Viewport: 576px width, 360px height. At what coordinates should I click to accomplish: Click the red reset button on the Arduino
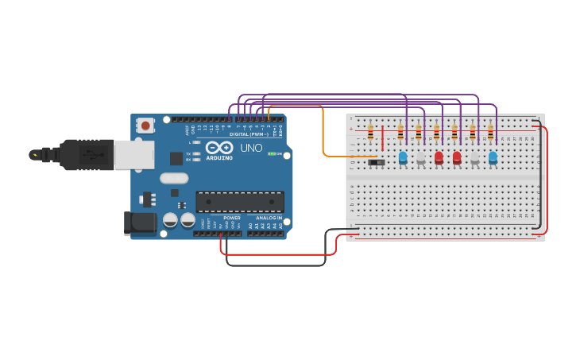[145, 125]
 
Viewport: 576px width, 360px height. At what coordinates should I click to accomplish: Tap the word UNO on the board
[251, 148]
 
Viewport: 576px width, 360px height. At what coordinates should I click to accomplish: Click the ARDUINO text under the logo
[219, 157]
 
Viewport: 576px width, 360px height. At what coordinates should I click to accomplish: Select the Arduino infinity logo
[218, 147]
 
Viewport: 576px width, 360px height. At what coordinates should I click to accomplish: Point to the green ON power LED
[272, 153]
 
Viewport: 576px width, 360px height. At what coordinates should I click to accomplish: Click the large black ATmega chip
[240, 202]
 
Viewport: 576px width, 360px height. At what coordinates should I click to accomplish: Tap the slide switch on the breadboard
[377, 163]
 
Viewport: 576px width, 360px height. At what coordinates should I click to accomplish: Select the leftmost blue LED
[403, 157]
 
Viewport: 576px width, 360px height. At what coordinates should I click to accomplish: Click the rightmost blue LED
[493, 157]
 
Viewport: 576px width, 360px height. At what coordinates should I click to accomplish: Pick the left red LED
[439, 157]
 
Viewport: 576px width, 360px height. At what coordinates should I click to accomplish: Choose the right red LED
[457, 157]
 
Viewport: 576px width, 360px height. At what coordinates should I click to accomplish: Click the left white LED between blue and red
[421, 158]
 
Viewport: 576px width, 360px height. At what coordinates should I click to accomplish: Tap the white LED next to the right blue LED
[475, 158]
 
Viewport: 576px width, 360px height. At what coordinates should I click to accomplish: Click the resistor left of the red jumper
[370, 132]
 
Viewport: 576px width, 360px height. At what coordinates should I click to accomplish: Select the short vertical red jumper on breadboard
[382, 137]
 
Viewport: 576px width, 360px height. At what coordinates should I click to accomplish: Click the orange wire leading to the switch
[323, 131]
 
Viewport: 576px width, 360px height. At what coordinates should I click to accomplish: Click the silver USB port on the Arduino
[133, 155]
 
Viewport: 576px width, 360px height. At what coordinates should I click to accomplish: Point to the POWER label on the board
[231, 218]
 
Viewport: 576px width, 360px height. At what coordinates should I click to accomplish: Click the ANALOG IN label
[268, 218]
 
